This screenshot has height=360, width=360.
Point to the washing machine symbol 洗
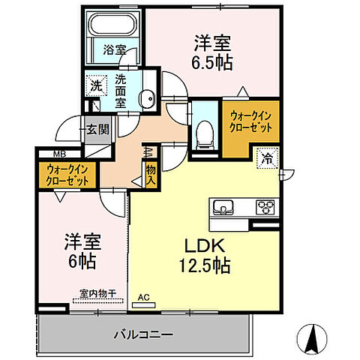(x=95, y=85)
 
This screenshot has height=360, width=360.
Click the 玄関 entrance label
(x=97, y=129)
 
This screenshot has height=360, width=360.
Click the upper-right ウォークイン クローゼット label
(x=251, y=121)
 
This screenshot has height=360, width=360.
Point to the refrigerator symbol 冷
(x=266, y=158)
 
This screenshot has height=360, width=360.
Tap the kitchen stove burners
(x=265, y=206)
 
